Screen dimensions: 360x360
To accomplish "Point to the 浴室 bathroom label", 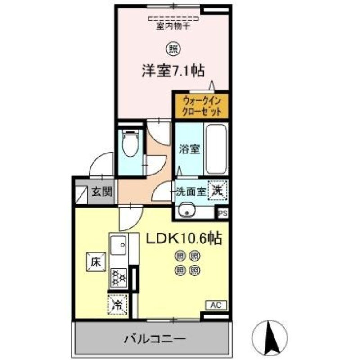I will coord(189,149).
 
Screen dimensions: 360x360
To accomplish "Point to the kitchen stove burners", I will coord(119,277).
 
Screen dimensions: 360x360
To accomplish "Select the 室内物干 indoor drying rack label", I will coord(173,26).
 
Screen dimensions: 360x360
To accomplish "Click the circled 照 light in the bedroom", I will coord(173,47).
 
